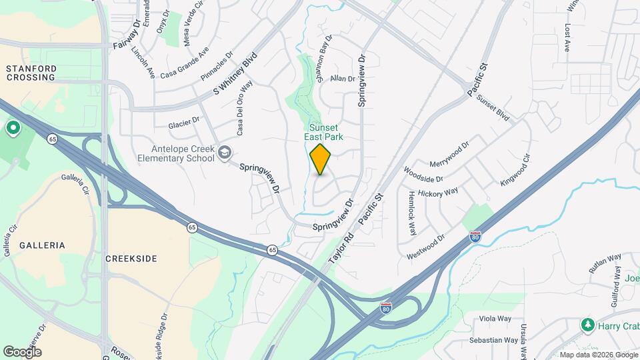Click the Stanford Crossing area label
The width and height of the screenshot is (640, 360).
(x=31, y=73)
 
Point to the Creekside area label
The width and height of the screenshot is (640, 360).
(x=131, y=257)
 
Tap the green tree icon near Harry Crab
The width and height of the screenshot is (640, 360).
(x=588, y=325)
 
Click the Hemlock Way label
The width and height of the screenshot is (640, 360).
(x=411, y=213)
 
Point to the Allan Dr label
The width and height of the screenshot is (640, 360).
(x=343, y=78)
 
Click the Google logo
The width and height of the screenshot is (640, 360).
(x=22, y=351)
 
